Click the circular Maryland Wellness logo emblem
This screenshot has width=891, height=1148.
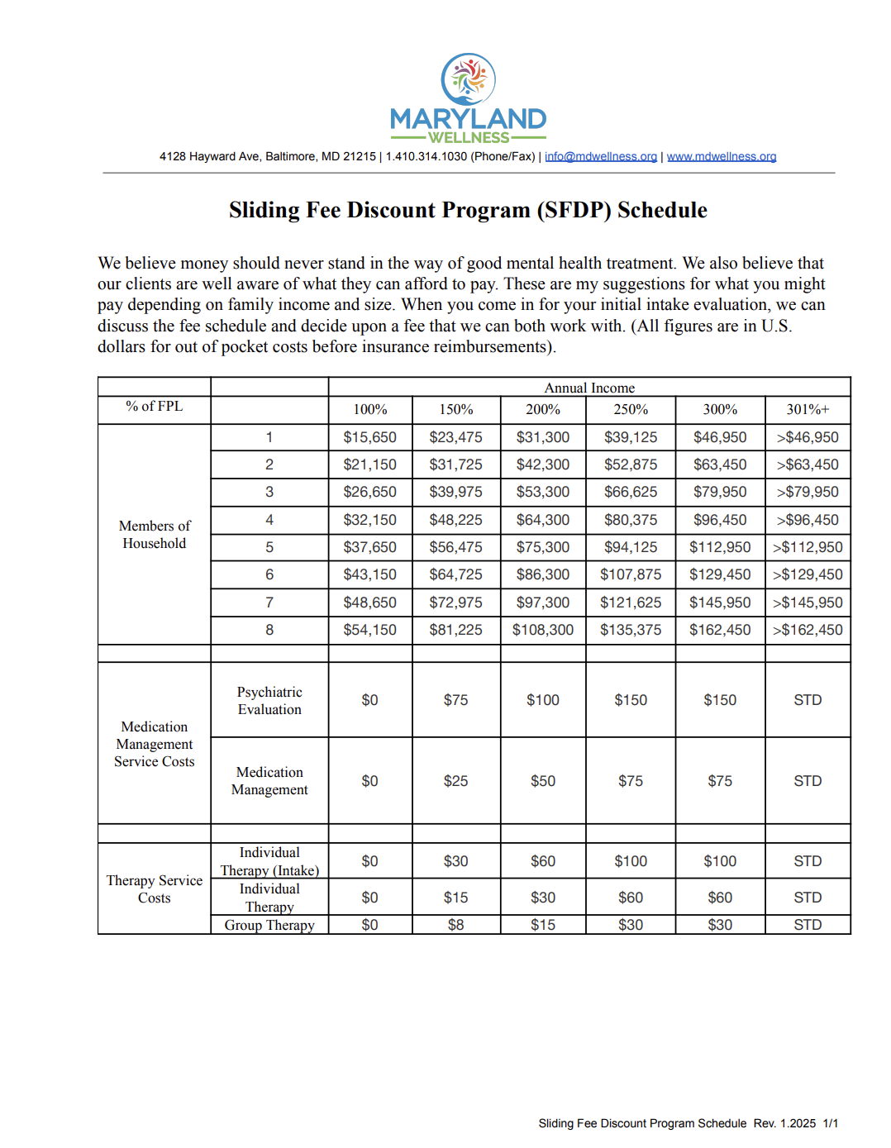pos(468,79)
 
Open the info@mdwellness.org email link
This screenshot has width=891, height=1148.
pos(600,156)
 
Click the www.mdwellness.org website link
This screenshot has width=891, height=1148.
pos(721,156)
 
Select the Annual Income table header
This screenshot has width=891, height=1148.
pos(588,388)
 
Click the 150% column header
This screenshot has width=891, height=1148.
pos(455,409)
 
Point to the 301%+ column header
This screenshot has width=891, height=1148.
pos(807,409)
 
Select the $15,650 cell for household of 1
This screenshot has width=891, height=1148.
pos(369,437)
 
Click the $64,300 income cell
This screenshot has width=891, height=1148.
pos(542,520)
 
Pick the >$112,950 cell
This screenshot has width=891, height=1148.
pos(807,547)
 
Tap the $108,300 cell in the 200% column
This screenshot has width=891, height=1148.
pos(542,630)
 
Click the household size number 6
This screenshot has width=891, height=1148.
pos(269,574)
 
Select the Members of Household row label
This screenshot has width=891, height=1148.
pos(155,535)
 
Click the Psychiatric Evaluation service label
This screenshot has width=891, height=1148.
pos(269,700)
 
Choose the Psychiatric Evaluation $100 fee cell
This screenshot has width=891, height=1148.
pos(542,700)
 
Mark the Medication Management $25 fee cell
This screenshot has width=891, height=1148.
pos(455,781)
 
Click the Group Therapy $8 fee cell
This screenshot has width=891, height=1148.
pos(455,925)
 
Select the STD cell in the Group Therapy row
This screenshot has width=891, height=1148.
pos(807,925)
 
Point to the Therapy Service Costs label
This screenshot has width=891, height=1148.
pos(155,888)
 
